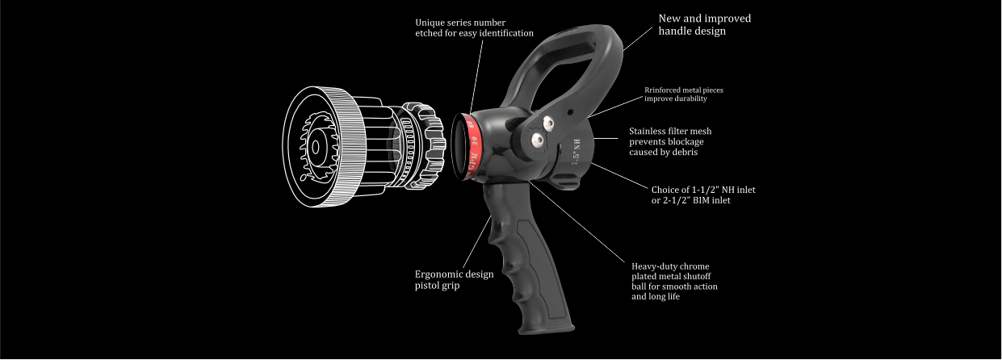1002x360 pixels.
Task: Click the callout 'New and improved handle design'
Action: [705, 24]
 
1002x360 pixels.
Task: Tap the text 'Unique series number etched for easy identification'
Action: [474, 27]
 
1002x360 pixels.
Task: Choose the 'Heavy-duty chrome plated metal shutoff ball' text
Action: [674, 281]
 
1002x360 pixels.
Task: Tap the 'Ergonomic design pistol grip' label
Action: [454, 279]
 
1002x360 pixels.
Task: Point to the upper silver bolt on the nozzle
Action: [548, 123]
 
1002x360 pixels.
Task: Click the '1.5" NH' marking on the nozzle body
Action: [576, 152]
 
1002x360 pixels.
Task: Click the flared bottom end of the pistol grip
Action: [547, 329]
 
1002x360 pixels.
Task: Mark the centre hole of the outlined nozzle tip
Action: [316, 148]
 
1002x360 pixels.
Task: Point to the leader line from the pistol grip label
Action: [477, 242]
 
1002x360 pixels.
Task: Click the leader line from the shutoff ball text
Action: [576, 222]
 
